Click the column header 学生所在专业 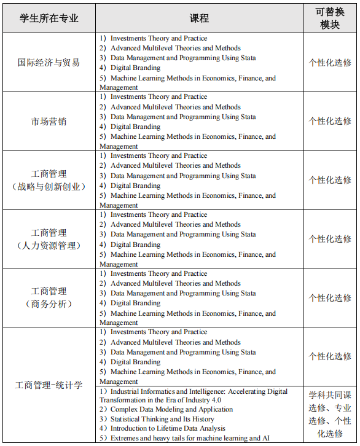pyautogui.click(x=49, y=18)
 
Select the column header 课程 pyautogui.click(x=200, y=18)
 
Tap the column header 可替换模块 pyautogui.click(x=330, y=18)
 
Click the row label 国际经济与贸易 pyautogui.click(x=49, y=63)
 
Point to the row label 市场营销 pyautogui.click(x=49, y=122)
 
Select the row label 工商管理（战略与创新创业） pyautogui.click(x=49, y=180)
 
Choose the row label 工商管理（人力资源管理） pyautogui.click(x=49, y=239)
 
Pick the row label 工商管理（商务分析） pyautogui.click(x=49, y=297)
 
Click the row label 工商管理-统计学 pyautogui.click(x=49, y=386)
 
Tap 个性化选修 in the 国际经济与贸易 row pyautogui.click(x=330, y=63)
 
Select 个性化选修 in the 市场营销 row pyautogui.click(x=330, y=122)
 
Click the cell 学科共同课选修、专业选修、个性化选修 pyautogui.click(x=330, y=414)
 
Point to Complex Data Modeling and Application pyautogui.click(x=171, y=409)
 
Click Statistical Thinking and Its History pyautogui.click(x=162, y=419)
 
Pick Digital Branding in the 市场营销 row pyautogui.click(x=135, y=127)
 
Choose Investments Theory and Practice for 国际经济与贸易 pyautogui.click(x=158, y=38)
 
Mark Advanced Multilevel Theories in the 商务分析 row pyautogui.click(x=175, y=283)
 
